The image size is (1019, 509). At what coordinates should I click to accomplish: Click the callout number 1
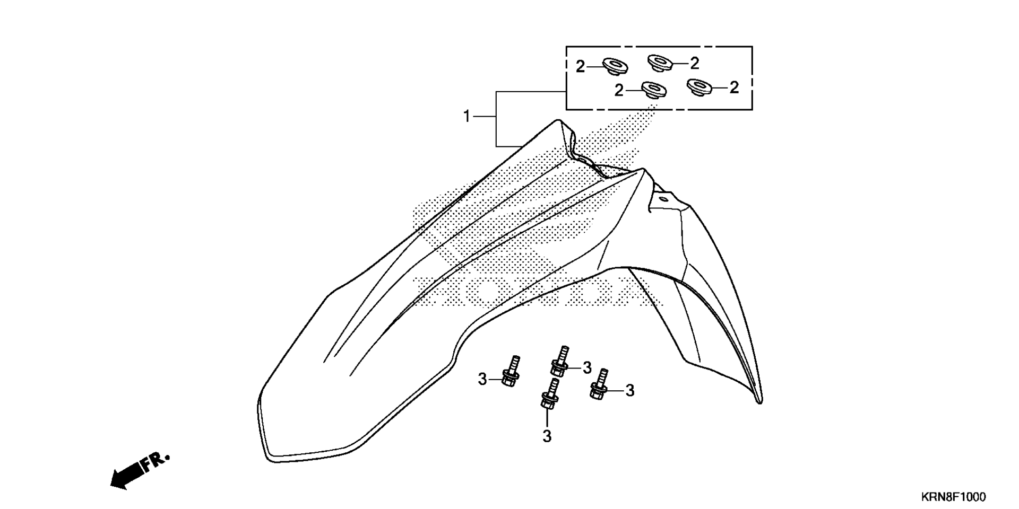click(467, 116)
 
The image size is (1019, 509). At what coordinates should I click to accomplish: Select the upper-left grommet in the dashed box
click(615, 67)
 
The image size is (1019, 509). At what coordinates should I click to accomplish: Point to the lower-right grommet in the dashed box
click(700, 87)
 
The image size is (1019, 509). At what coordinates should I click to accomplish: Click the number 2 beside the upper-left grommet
click(581, 67)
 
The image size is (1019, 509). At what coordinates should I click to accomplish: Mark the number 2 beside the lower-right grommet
click(734, 87)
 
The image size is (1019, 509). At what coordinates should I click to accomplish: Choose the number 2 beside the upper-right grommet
click(695, 63)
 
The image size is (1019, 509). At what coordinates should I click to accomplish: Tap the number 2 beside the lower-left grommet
click(619, 91)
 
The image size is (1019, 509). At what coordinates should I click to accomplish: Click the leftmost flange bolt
click(511, 371)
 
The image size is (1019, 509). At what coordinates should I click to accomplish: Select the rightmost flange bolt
click(600, 384)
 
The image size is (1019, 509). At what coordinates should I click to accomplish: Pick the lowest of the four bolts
click(550, 393)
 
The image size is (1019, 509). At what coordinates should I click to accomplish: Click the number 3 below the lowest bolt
click(547, 436)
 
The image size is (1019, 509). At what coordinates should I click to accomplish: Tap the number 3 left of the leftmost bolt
click(482, 379)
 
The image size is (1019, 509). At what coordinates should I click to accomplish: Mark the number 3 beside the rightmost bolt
click(630, 391)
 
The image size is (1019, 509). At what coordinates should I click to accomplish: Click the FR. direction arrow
click(140, 471)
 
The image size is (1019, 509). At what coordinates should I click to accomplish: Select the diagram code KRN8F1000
click(954, 497)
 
